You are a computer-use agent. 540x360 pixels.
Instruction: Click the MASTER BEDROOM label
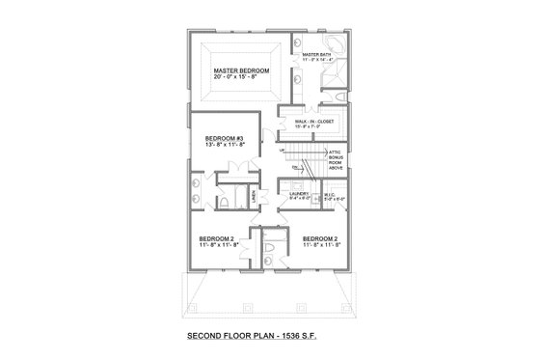pos(240,71)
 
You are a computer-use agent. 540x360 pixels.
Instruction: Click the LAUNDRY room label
pos(298,194)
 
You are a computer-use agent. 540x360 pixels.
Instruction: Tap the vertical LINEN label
pos(254,197)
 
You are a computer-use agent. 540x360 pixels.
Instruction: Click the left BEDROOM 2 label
pos(217,238)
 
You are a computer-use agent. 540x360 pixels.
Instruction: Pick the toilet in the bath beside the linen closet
pos(221,204)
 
